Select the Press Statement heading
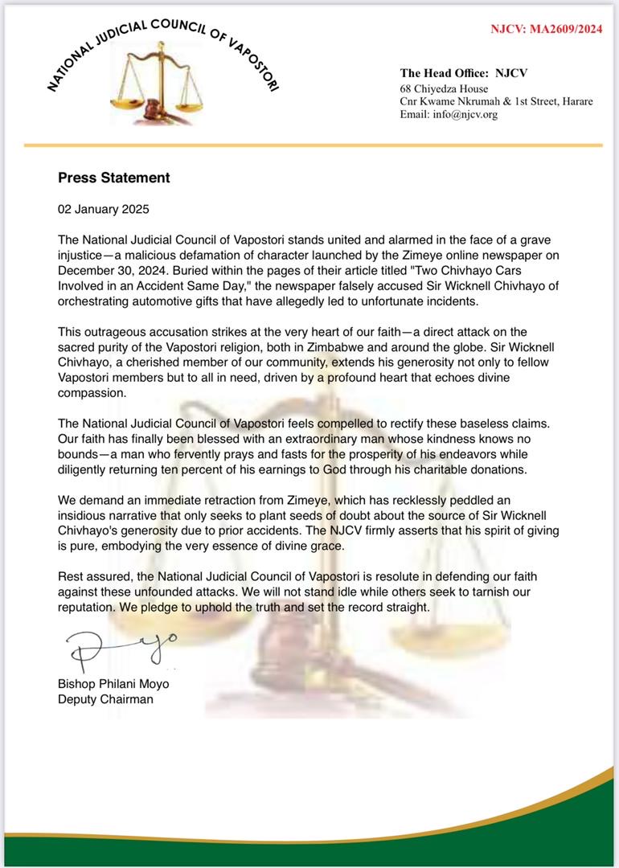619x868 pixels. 113,178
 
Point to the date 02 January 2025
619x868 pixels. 104,209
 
